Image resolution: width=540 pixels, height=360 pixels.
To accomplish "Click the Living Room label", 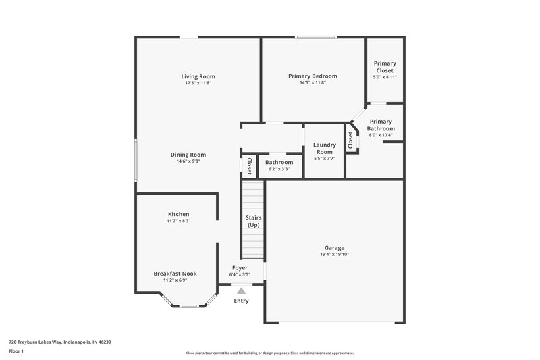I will (x=198, y=76).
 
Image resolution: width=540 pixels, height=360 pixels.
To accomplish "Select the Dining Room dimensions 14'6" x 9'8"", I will (x=188, y=161).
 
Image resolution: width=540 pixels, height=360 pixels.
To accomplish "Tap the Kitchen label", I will (x=178, y=214).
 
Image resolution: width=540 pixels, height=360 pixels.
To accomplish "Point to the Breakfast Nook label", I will (x=175, y=273).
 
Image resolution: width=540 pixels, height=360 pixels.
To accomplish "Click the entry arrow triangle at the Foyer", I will (x=240, y=290).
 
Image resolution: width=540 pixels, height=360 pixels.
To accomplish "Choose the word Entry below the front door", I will (x=240, y=301).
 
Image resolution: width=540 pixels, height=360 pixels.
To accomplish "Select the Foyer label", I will (x=240, y=268).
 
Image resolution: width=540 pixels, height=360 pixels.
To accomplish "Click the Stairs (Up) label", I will (x=254, y=221).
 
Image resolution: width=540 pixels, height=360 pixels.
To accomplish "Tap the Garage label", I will (x=334, y=248).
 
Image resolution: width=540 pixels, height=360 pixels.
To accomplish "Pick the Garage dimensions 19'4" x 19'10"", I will (x=334, y=255).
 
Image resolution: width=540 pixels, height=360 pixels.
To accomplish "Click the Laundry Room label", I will (x=325, y=148).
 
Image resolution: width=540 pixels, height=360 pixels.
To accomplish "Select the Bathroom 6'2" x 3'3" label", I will (x=279, y=163).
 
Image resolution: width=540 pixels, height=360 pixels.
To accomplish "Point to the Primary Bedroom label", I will (x=313, y=76).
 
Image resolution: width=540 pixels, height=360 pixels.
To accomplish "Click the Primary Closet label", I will (x=385, y=67).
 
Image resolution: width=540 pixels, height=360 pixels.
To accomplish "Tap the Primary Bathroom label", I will (x=381, y=125).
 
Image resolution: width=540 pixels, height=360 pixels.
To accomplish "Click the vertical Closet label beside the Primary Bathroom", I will (x=350, y=140).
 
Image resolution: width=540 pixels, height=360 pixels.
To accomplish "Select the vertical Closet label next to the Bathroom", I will (x=248, y=166).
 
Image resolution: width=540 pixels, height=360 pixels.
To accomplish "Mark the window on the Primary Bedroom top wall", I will (x=316, y=37).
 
